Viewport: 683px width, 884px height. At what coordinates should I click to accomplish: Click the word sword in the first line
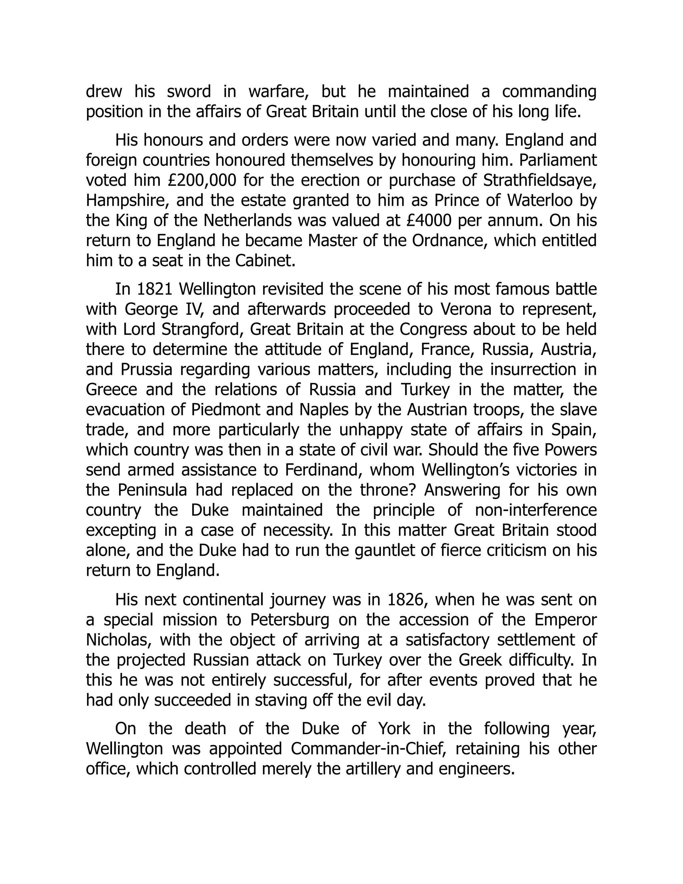[x=188, y=92]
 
